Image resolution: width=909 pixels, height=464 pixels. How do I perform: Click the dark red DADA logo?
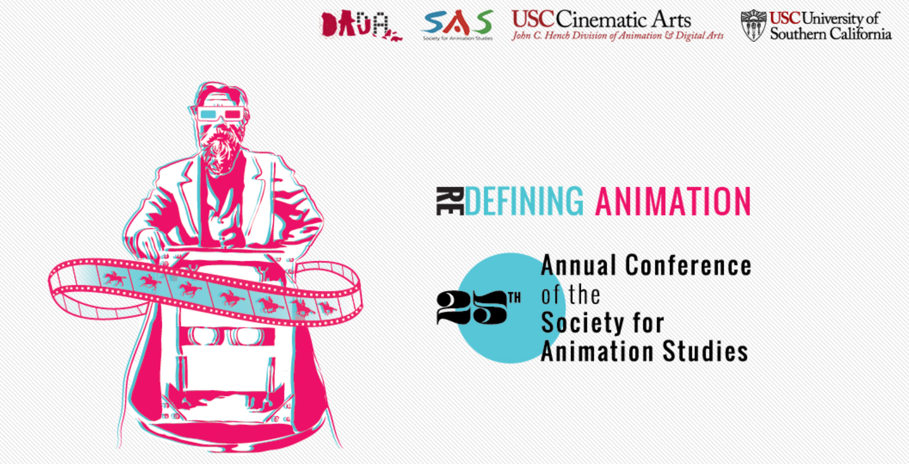click(361, 25)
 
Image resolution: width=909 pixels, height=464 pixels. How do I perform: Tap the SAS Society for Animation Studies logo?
click(457, 25)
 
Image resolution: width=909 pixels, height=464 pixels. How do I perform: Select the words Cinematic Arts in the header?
click(623, 20)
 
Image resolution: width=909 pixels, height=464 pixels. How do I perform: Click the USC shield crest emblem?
click(753, 25)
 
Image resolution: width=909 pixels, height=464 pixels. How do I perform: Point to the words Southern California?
click(831, 34)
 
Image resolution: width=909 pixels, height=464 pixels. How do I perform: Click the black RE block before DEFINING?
click(450, 201)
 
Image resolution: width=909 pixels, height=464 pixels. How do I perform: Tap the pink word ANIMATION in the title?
click(673, 201)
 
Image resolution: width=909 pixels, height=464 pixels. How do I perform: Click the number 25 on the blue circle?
click(472, 308)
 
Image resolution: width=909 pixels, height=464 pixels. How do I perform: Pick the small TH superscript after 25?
click(514, 299)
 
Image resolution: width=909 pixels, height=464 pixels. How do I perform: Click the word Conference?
click(688, 265)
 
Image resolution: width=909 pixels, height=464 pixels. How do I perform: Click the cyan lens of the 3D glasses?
click(208, 114)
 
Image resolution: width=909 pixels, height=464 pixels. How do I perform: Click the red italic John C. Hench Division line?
click(617, 36)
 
